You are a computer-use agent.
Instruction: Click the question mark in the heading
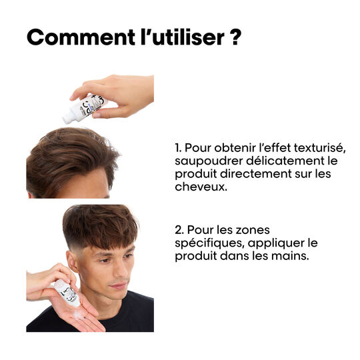235,37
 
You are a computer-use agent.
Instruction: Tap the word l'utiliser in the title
182,37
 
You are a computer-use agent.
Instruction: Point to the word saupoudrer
209,161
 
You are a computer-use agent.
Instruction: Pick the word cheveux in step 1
200,187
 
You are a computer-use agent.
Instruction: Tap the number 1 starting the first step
178,148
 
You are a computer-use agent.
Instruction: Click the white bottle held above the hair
84,109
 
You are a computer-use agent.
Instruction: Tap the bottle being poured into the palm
67,293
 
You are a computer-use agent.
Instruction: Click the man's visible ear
72,262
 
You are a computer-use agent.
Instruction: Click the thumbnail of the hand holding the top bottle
97,115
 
